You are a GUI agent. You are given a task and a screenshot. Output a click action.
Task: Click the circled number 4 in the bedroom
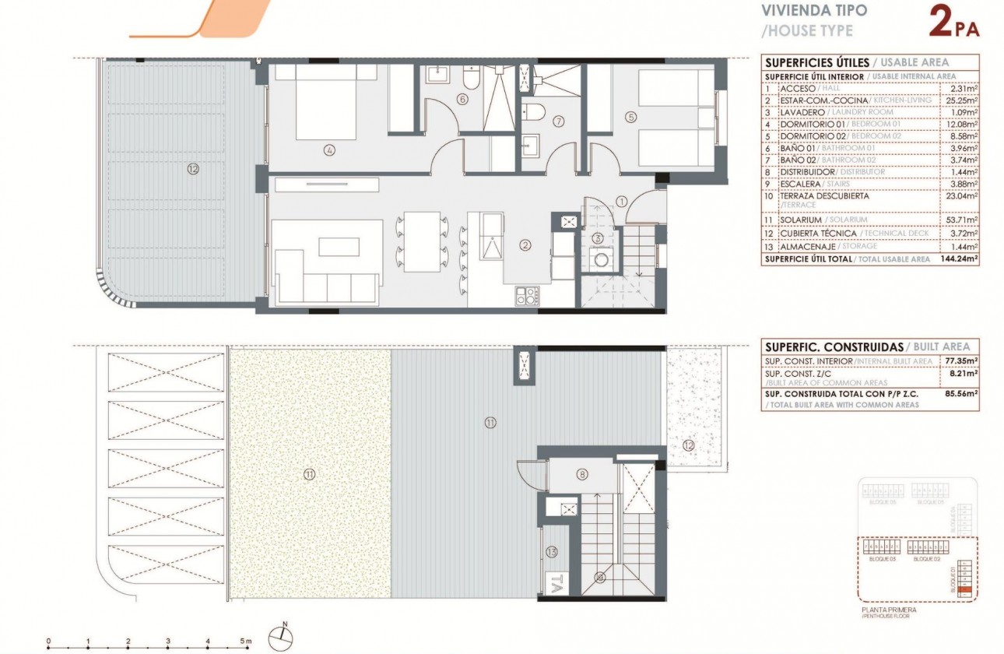pyautogui.click(x=330, y=150)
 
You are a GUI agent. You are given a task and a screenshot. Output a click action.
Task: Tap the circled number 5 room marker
pyautogui.click(x=630, y=118)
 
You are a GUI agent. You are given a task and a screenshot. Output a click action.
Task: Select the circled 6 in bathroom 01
pyautogui.click(x=462, y=100)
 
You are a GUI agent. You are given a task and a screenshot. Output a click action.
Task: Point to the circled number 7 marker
pyautogui.click(x=558, y=121)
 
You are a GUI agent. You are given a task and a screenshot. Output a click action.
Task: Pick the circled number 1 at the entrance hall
pyautogui.click(x=621, y=201)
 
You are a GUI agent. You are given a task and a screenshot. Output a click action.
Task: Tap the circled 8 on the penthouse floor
pyautogui.click(x=581, y=474)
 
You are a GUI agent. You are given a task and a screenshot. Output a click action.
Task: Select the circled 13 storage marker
pyautogui.click(x=553, y=552)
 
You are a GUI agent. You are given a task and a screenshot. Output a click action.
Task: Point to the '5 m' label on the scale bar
pyautogui.click(x=246, y=641)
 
